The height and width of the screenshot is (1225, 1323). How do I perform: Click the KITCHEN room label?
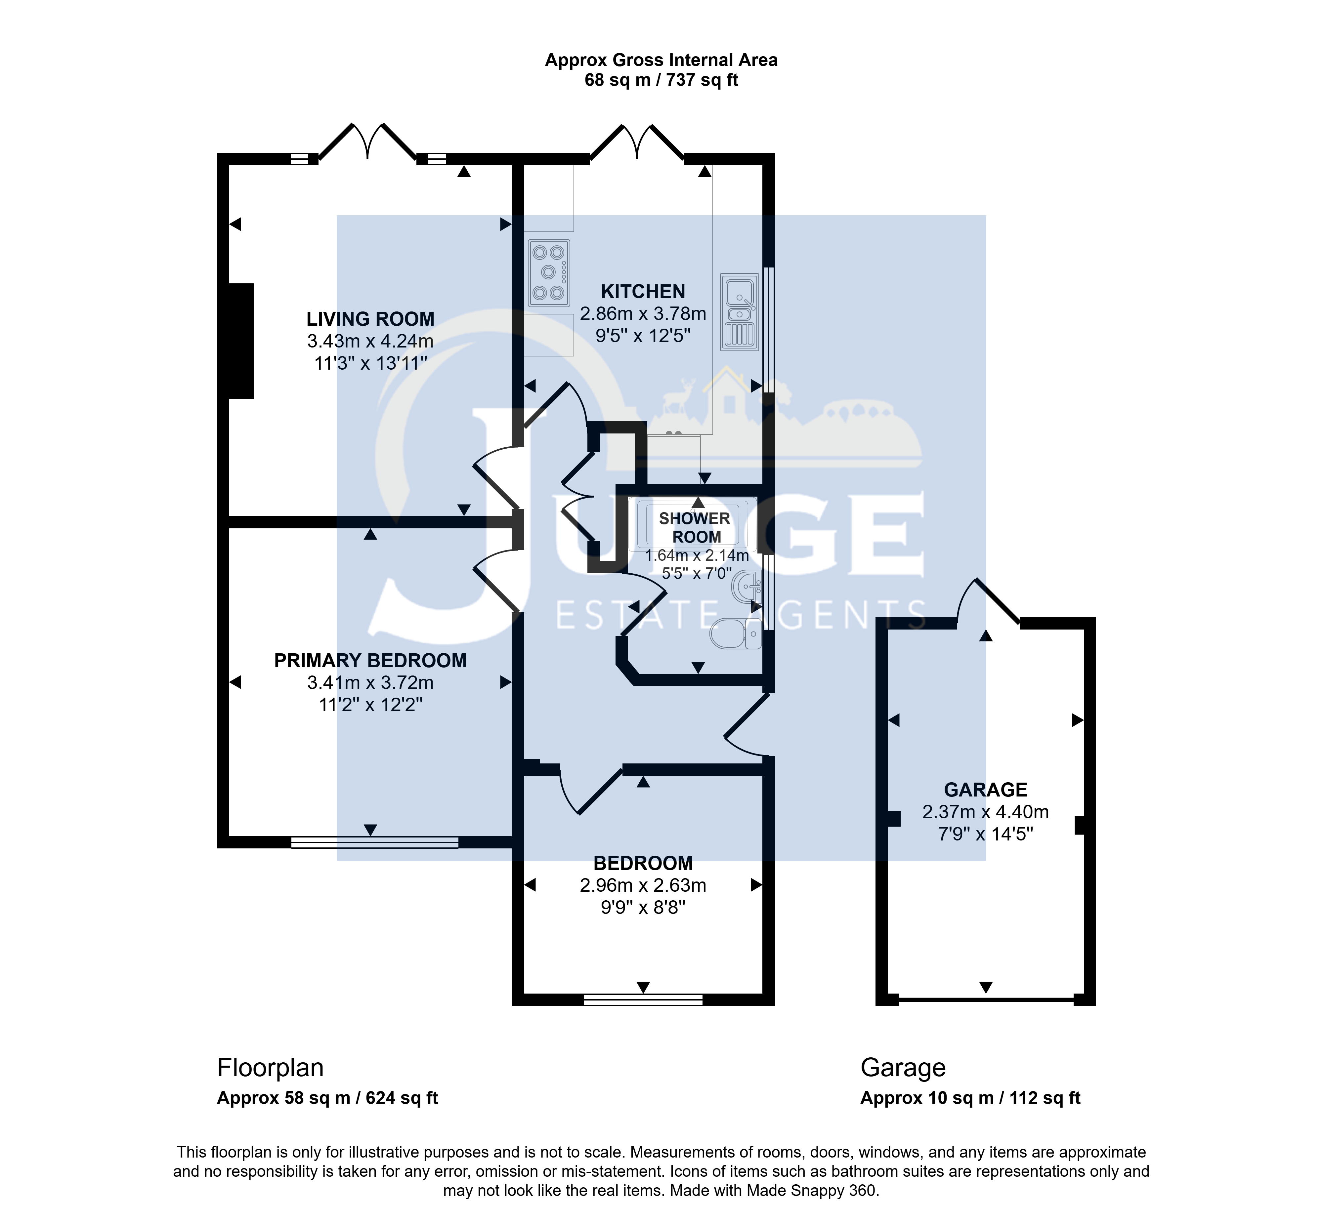[643, 292]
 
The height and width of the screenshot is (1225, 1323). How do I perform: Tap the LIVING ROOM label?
[370, 319]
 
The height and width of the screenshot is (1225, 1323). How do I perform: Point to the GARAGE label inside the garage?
[985, 790]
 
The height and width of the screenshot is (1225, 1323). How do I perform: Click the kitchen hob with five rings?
[549, 272]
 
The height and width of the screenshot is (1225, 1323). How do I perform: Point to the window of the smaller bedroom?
[643, 1000]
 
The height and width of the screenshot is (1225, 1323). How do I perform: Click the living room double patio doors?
[367, 142]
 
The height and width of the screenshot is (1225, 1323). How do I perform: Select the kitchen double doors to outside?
[637, 142]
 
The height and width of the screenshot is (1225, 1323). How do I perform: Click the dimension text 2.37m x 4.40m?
[985, 812]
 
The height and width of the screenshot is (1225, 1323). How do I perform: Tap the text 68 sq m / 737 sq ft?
[661, 80]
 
